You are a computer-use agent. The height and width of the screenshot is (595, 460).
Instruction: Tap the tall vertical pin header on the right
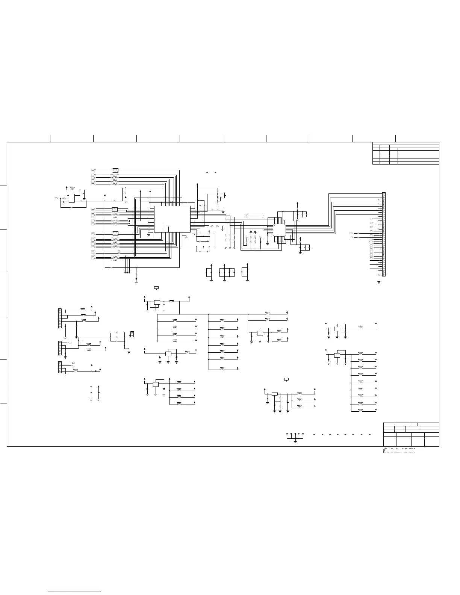click(x=383, y=234)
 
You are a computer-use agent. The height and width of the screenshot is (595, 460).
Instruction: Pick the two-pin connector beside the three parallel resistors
click(x=132, y=334)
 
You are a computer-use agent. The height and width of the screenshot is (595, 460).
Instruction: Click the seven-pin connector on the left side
click(x=60, y=318)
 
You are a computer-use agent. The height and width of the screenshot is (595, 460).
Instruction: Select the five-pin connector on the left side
click(x=60, y=348)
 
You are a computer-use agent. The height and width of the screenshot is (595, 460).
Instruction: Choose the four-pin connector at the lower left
click(x=60, y=367)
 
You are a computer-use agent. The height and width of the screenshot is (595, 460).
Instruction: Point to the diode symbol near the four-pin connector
click(x=96, y=371)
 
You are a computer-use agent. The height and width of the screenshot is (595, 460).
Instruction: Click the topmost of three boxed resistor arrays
click(x=115, y=171)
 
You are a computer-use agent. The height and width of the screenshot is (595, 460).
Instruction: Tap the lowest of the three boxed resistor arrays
click(x=115, y=234)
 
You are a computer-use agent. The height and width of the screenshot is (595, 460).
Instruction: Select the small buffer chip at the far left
click(x=71, y=198)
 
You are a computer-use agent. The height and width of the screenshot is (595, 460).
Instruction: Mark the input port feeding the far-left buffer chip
click(x=56, y=198)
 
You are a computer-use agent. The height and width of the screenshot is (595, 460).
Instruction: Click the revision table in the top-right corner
click(x=406, y=153)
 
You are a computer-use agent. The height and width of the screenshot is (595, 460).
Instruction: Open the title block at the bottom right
click(x=411, y=434)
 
